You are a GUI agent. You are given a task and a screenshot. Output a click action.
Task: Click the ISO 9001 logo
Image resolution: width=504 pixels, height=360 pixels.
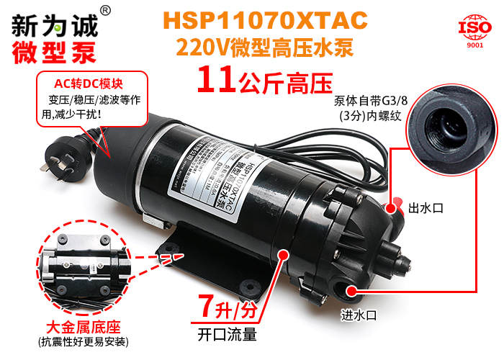coord(475,31)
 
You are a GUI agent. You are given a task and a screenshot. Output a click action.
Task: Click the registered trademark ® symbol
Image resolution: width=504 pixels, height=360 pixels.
coord(105,10)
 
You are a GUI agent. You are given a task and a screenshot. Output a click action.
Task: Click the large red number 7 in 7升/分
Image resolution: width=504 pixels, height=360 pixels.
coord(206,309)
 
